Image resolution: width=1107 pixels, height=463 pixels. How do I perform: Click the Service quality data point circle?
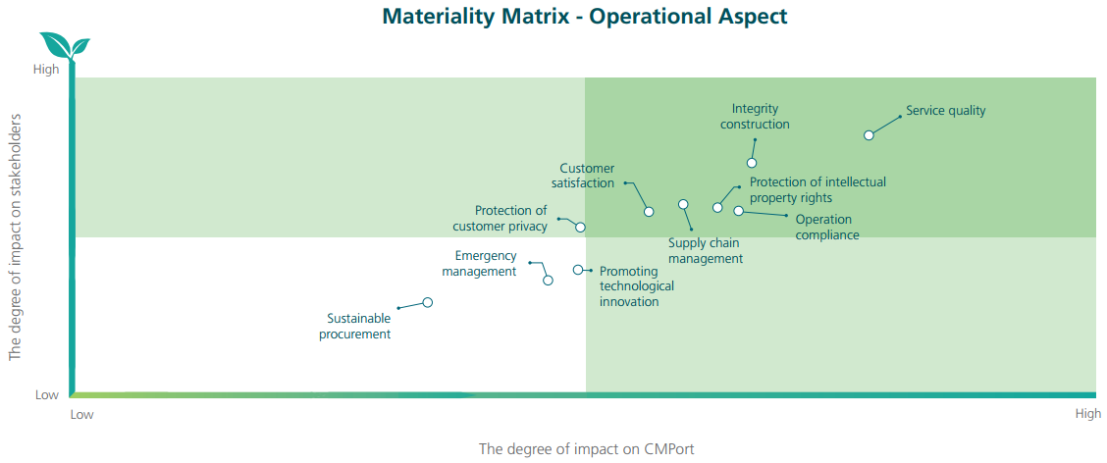870,135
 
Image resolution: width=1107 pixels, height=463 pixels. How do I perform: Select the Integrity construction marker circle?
752,163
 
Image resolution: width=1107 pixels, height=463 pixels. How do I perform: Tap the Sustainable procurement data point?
427,302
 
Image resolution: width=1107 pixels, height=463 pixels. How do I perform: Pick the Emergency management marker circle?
548,281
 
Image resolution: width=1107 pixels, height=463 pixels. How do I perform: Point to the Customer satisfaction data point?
649,212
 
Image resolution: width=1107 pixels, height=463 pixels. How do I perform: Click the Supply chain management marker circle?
683,204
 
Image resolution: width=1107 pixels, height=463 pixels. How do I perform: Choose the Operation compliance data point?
738,210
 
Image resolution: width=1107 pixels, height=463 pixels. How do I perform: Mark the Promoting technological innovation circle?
577,270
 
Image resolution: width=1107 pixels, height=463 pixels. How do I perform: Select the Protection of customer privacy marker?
580,228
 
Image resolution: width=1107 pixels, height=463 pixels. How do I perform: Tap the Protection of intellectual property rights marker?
717,208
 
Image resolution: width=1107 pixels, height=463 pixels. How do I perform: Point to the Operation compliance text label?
827,228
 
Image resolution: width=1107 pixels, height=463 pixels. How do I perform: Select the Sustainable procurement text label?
355,326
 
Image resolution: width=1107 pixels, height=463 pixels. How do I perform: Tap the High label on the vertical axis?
46,70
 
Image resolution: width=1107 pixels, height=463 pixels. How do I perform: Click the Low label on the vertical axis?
46,395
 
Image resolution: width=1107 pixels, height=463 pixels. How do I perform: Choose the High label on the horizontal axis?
1088,414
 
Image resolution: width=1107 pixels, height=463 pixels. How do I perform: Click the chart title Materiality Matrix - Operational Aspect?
585,17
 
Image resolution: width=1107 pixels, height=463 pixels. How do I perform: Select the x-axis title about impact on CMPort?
592,449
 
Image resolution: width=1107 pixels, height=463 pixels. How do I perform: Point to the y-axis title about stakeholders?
15,237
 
